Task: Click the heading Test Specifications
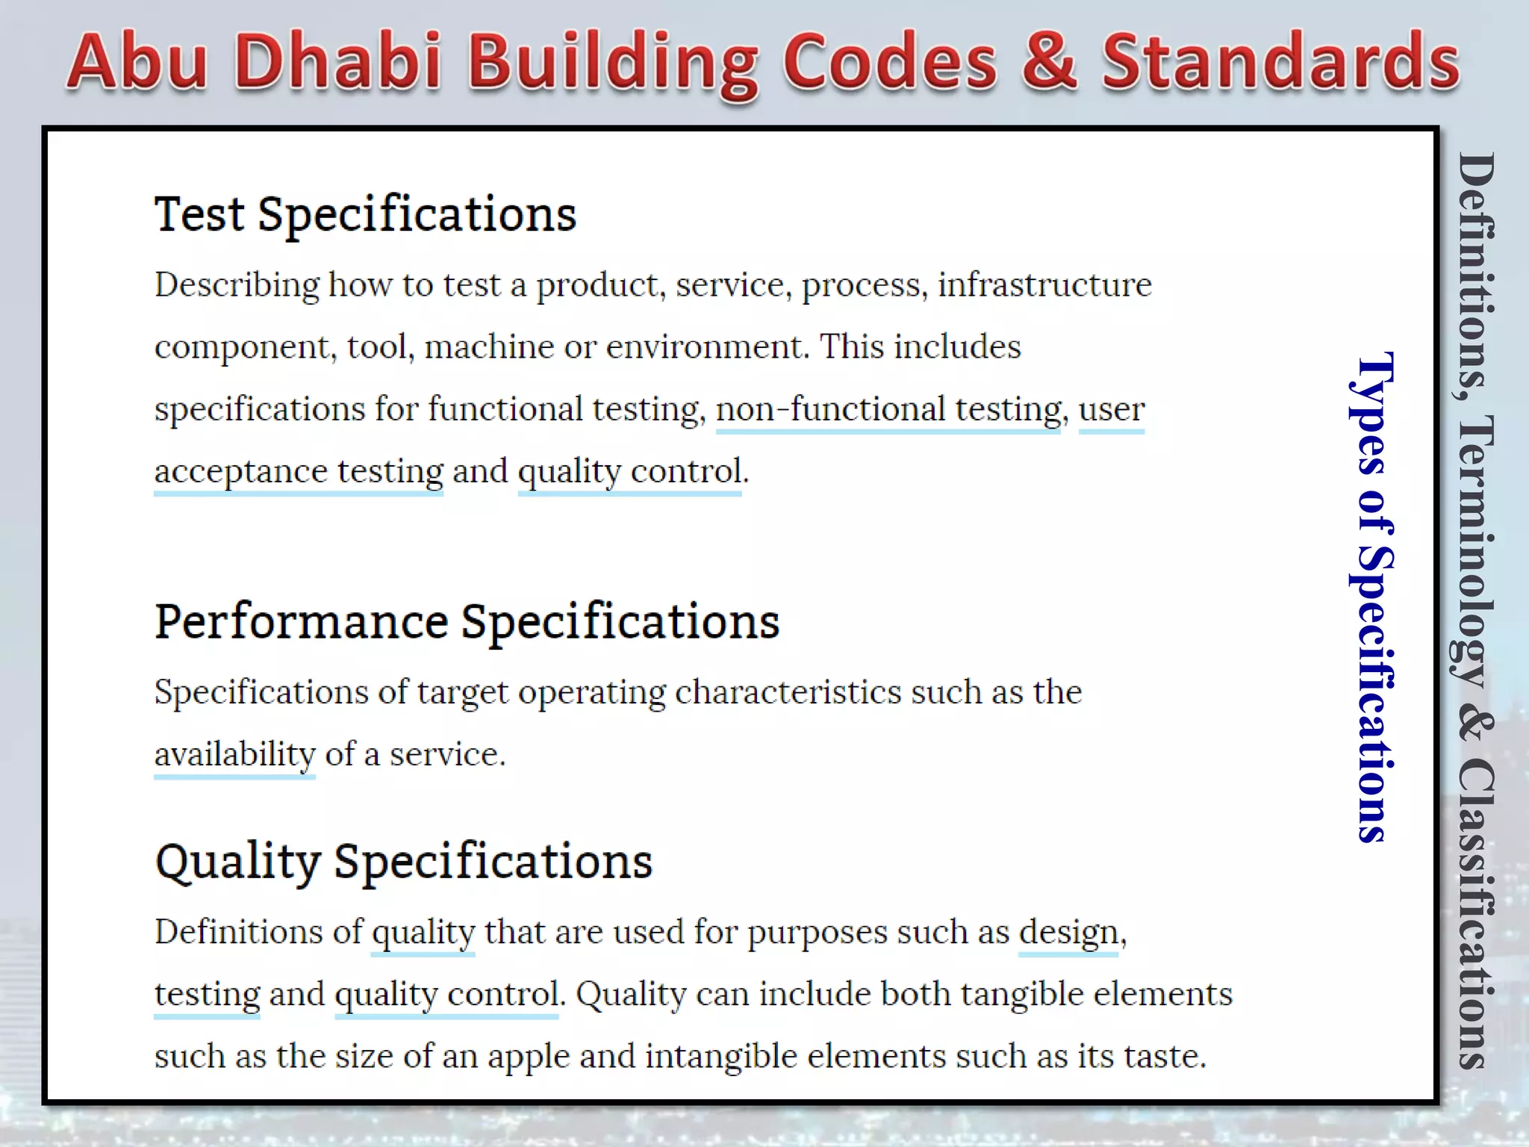point(365,215)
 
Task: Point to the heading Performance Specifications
point(467,621)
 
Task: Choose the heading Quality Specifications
point(404,862)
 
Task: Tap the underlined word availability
point(235,754)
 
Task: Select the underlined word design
point(1068,932)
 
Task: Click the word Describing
point(237,285)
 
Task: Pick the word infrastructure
point(1044,285)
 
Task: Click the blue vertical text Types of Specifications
point(1372,597)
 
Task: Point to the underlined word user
point(1111,409)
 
